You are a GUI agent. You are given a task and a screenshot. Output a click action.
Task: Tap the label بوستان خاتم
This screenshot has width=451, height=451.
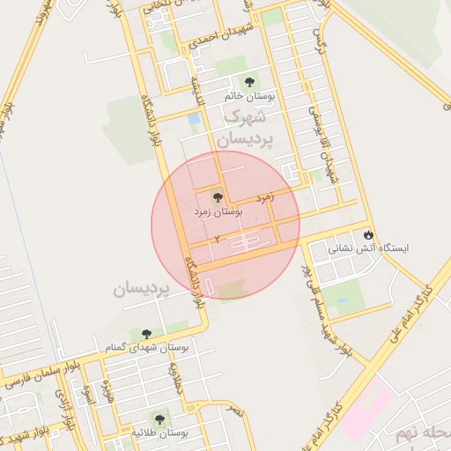click(249, 98)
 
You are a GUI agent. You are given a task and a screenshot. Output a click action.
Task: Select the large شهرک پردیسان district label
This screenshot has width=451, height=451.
click(248, 128)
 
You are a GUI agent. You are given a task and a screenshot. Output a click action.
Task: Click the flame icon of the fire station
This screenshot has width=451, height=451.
click(368, 235)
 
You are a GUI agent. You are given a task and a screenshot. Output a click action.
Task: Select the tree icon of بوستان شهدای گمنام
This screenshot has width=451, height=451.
click(144, 333)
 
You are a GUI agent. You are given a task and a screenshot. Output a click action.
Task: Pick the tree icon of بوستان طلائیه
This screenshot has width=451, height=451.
click(159, 418)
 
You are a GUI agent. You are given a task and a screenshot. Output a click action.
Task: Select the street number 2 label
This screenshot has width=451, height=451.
click(216, 239)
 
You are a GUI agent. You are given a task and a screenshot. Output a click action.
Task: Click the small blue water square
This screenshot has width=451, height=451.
click(194, 118)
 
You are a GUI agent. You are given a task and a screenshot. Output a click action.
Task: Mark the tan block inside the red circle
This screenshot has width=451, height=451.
click(233, 289)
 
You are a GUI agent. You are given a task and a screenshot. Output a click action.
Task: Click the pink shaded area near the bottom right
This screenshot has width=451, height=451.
click(366, 410)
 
